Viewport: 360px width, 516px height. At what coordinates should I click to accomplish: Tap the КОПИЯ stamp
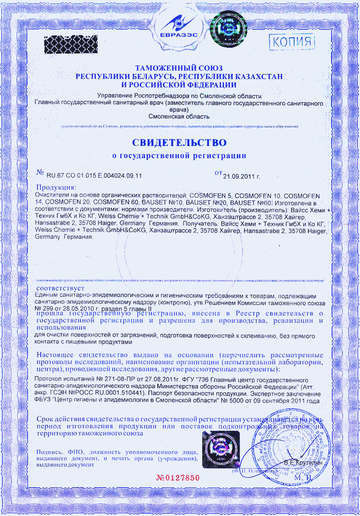[292, 41]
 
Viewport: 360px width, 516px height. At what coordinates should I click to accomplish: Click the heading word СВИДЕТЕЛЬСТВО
[179, 142]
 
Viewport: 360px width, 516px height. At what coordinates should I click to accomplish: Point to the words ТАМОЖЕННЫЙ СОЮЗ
[179, 69]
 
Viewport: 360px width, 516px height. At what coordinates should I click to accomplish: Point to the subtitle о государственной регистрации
[179, 155]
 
